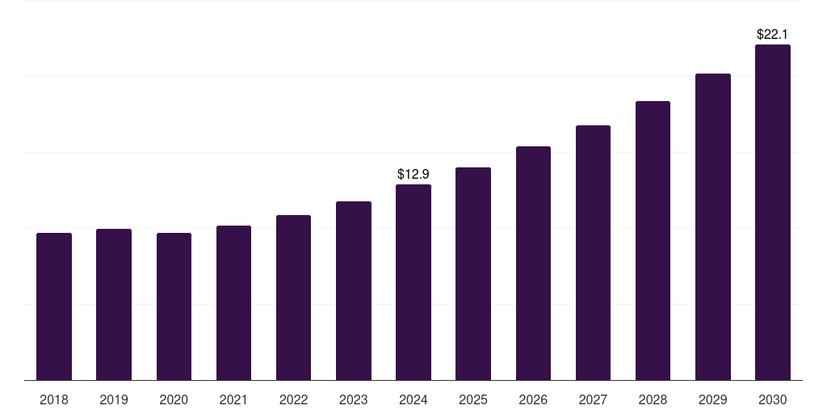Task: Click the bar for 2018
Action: pos(54,306)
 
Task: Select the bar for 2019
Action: pos(114,305)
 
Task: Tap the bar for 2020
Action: pos(174,306)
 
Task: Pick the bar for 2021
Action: pos(233,303)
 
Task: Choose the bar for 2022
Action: pos(293,298)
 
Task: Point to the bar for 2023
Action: pos(354,291)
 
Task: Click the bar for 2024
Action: pos(413,282)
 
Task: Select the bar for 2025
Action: pos(473,274)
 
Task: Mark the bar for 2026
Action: pos(533,264)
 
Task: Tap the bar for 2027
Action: pos(593,253)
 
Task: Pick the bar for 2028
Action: pos(653,241)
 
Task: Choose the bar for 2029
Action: pos(713,227)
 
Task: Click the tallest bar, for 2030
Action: pos(773,213)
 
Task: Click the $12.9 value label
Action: pos(413,174)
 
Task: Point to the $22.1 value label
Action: pos(773,34)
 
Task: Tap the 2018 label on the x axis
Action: pos(54,399)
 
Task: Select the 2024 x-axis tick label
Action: pos(413,399)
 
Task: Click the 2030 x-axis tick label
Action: pos(773,399)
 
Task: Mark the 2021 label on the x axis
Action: pos(233,399)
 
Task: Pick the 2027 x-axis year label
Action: pos(593,399)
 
